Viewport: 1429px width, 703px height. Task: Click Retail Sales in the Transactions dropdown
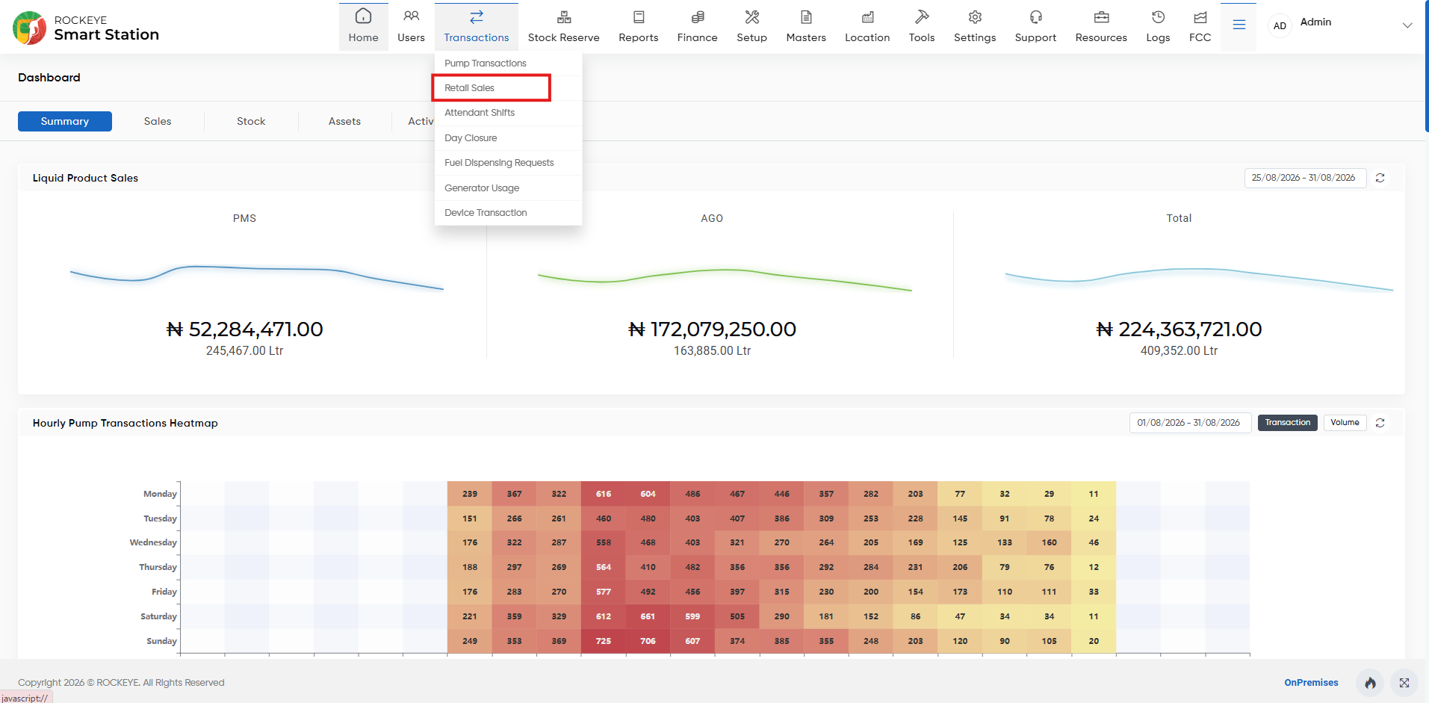(469, 88)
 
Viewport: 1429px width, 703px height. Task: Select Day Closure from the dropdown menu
(471, 138)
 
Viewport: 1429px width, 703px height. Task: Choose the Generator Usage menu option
(482, 188)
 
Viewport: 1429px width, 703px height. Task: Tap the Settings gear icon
(975, 17)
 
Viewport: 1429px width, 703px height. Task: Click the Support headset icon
(1035, 17)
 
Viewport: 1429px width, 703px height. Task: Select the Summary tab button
(65, 121)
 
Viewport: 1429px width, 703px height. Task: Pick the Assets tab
(344, 121)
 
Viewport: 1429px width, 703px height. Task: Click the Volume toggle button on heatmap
(1345, 423)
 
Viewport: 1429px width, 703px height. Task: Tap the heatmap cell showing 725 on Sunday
(604, 641)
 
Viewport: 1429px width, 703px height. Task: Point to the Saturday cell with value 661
(648, 616)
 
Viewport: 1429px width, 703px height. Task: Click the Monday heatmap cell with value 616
(604, 494)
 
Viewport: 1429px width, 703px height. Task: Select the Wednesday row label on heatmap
(153, 543)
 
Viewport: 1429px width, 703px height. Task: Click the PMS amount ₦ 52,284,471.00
(245, 329)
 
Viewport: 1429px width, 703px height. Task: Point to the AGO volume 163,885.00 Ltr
(712, 351)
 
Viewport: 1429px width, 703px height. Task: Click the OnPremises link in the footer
(1311, 683)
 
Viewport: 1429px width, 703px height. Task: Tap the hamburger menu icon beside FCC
(1239, 25)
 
